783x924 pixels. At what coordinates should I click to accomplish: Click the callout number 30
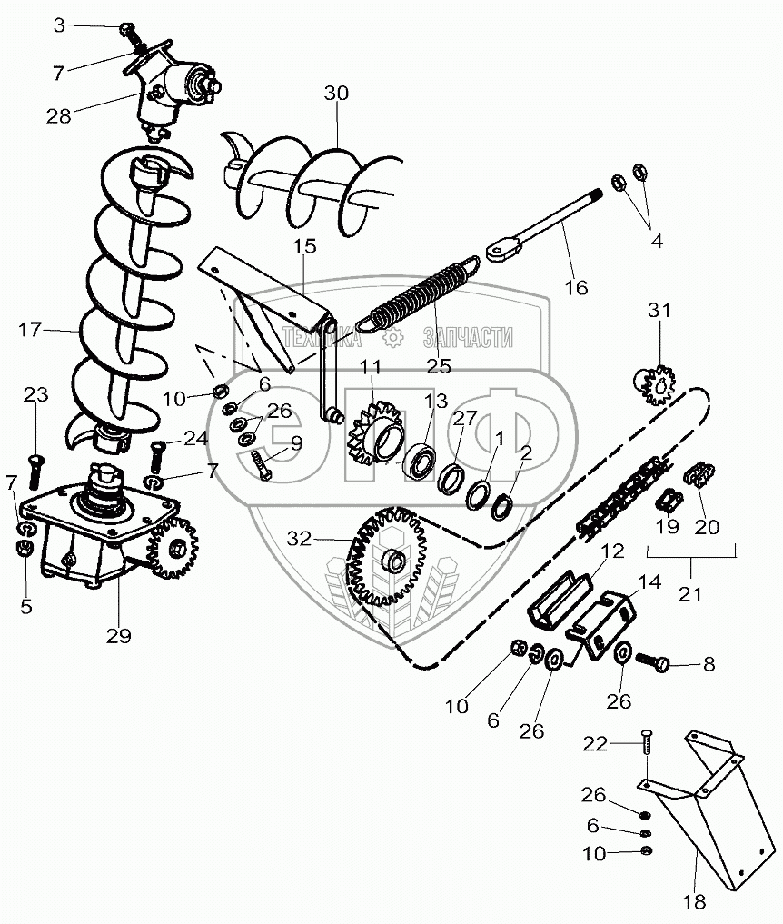(x=335, y=93)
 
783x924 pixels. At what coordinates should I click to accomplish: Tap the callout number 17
(x=30, y=330)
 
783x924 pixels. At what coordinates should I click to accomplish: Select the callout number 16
(x=575, y=288)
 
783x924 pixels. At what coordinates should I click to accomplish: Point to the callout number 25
(x=439, y=365)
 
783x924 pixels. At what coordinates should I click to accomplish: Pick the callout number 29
(x=118, y=635)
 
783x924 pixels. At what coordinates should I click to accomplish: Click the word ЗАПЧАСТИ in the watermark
(x=468, y=340)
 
